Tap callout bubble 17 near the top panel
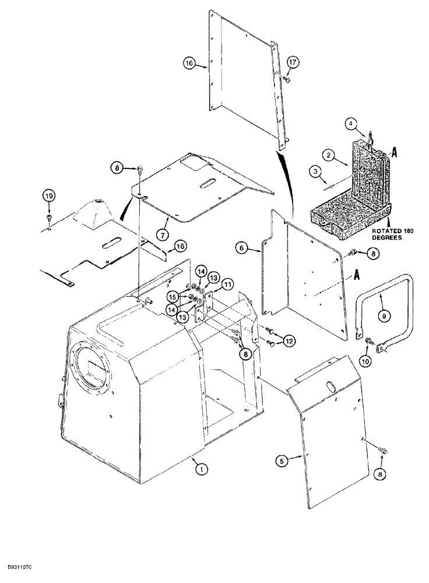(291, 62)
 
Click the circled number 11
(227, 284)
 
